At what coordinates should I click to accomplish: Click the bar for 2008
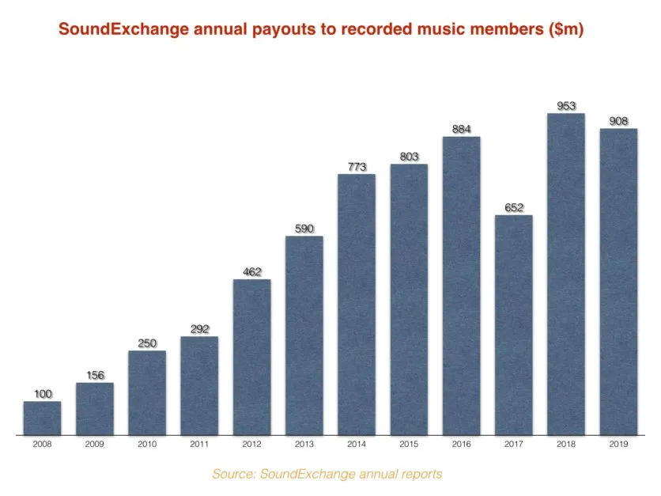coord(42,418)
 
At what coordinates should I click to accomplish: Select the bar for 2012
coord(251,357)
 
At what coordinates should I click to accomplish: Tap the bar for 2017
coord(513,325)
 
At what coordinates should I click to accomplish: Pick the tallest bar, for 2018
coord(565,274)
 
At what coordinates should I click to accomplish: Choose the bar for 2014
coord(357,305)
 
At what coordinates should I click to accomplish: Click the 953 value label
coord(565,106)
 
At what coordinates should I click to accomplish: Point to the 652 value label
coord(513,208)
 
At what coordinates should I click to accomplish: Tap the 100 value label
coord(42,394)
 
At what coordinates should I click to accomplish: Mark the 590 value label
coord(304,229)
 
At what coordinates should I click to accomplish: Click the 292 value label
coord(199,329)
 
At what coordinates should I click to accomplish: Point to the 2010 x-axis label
coord(147,445)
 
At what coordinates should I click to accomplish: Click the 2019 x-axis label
coord(618,445)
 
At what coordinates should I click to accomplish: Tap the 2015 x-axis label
coord(409,445)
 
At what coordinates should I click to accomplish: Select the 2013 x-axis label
coord(304,445)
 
